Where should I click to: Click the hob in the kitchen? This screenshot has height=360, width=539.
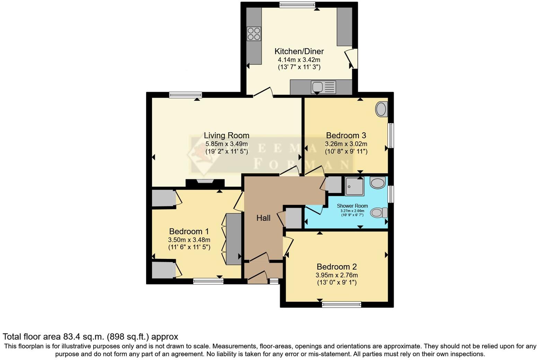tap(254, 34)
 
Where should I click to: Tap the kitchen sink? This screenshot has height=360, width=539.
tap(324, 87)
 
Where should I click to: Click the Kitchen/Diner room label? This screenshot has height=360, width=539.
tap(299, 52)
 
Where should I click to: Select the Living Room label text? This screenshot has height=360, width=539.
tap(226, 135)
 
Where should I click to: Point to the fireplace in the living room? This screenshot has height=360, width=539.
tap(205, 182)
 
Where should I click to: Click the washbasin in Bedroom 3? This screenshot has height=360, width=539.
tap(381, 109)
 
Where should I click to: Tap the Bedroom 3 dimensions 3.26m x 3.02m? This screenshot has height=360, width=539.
tap(346, 144)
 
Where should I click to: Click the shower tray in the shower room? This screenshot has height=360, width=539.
tap(354, 186)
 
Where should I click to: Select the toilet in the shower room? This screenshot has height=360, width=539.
tap(379, 213)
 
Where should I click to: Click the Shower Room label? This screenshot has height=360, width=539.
tap(352, 206)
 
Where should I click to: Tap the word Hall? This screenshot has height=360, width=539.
tap(263, 218)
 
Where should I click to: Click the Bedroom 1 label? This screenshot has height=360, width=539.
tap(189, 231)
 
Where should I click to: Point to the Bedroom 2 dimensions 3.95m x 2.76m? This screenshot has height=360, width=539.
tap(336, 275)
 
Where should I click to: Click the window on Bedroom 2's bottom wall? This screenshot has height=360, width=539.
tap(341, 305)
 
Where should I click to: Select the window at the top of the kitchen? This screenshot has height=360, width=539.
tap(297, 4)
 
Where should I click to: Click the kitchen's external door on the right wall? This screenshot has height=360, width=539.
tap(352, 58)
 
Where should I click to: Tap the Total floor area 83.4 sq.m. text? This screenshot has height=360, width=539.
tap(90, 336)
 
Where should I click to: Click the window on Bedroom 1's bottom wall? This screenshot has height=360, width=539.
tap(208, 281)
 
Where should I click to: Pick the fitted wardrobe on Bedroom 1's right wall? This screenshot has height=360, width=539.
tap(233, 239)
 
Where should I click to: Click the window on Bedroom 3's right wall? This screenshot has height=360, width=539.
tap(390, 135)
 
